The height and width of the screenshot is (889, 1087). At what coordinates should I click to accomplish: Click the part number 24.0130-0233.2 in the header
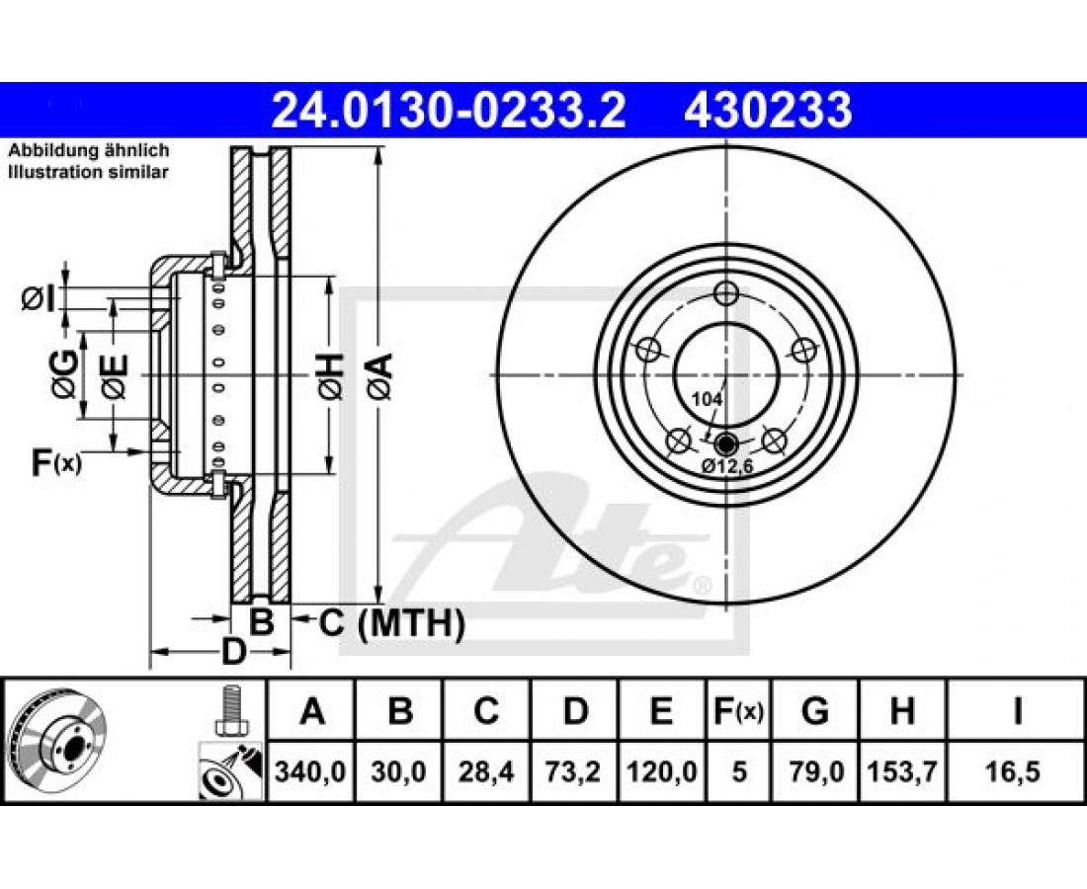pos(449,111)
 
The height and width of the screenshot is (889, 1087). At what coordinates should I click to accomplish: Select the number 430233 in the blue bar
pos(768,111)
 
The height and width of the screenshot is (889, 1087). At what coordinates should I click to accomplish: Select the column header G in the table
pos(814,711)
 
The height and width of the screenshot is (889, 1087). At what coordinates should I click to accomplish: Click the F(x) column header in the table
pos(737,711)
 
